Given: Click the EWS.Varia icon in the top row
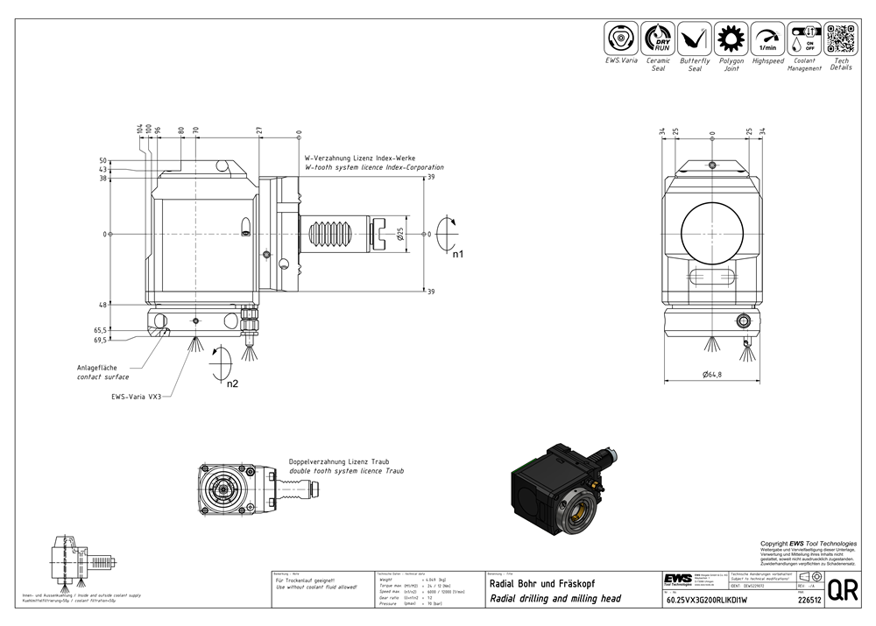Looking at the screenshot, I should pyautogui.click(x=621, y=39).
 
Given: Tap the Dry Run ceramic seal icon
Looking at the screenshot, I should pyautogui.click(x=658, y=39).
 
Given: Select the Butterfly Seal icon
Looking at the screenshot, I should pyautogui.click(x=695, y=39).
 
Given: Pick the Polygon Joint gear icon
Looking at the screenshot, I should pyautogui.click(x=731, y=39).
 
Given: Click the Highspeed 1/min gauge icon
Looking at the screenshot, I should pyautogui.click(x=767, y=39).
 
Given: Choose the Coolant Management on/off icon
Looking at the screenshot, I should pyautogui.click(x=803, y=39).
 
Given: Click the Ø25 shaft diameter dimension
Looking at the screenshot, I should pyautogui.click(x=400, y=234).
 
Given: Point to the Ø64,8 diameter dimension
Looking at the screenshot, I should pyautogui.click(x=711, y=376).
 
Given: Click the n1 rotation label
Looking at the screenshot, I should pyautogui.click(x=457, y=254).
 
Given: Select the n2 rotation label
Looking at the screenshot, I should pyautogui.click(x=232, y=383).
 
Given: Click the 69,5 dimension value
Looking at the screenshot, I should pyautogui.click(x=101, y=340).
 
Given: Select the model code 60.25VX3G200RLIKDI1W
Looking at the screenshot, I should pyautogui.click(x=702, y=601).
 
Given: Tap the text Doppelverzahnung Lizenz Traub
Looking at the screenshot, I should pyautogui.click(x=339, y=461).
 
